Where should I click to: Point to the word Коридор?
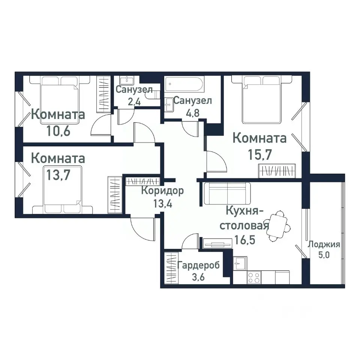(x=162, y=191)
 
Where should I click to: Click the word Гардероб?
(x=199, y=266)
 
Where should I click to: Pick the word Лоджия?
(x=324, y=245)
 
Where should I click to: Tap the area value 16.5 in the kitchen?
(x=245, y=239)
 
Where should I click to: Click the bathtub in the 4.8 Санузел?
(x=185, y=86)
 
